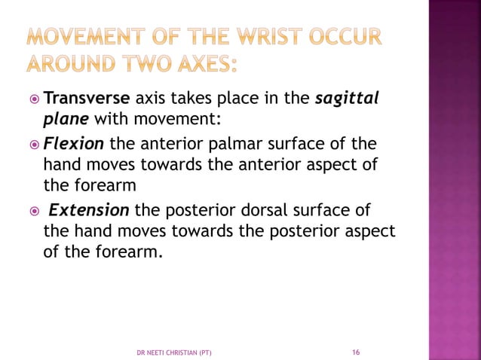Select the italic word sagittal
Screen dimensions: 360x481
pyautogui.click(x=348, y=99)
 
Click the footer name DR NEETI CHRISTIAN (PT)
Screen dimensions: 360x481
pyautogui.click(x=179, y=352)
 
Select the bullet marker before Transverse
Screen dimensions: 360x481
pyautogui.click(x=33, y=99)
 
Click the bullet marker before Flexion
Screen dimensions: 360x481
pyautogui.click(x=33, y=144)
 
